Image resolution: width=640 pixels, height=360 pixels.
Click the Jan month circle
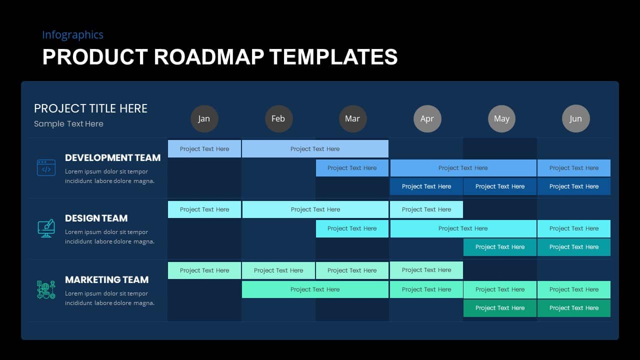(x=204, y=118)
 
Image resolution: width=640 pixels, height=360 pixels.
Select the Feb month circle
(x=278, y=118)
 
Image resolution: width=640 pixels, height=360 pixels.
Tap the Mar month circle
(x=353, y=118)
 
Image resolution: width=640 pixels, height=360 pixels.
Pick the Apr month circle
(x=427, y=118)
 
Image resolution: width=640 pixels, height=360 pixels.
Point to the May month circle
(x=501, y=118)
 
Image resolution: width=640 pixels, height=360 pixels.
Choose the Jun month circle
(x=575, y=118)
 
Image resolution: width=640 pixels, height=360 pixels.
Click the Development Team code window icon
(x=46, y=167)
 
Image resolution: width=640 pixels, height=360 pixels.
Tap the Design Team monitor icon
(x=46, y=228)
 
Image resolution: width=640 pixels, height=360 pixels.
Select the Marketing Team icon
(x=46, y=289)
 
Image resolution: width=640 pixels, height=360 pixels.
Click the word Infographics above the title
(x=72, y=35)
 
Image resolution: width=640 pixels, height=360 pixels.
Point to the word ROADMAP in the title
(x=209, y=57)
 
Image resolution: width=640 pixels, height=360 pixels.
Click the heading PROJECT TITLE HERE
(x=90, y=108)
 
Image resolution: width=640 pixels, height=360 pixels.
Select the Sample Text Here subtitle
(x=68, y=124)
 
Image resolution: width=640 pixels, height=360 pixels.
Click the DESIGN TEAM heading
(x=96, y=218)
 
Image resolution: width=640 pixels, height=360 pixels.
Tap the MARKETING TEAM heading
(x=107, y=279)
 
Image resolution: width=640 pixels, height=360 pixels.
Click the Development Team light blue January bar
(x=204, y=149)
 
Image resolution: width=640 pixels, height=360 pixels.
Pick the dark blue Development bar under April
(x=426, y=186)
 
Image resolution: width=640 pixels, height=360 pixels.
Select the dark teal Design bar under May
(x=499, y=247)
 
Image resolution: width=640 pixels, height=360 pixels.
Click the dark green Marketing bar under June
(x=573, y=308)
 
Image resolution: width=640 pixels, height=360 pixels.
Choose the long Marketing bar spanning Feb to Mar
(x=315, y=289)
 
